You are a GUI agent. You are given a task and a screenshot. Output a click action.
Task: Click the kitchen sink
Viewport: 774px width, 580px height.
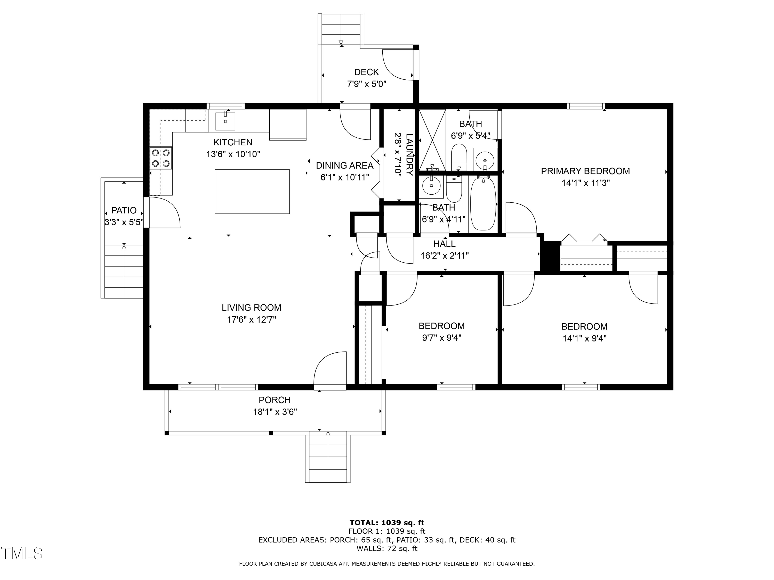[x=225, y=121]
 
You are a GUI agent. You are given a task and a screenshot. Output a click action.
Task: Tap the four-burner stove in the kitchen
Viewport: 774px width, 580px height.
[x=161, y=158]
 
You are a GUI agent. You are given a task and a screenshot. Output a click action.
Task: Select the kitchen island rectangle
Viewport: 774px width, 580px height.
[x=252, y=192]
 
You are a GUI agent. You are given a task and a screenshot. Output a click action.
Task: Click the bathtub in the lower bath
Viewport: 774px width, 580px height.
[x=483, y=203]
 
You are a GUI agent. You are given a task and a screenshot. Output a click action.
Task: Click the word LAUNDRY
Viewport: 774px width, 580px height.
[x=409, y=154]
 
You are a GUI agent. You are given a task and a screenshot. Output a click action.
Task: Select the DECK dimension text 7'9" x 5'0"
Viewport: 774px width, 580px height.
[x=367, y=84]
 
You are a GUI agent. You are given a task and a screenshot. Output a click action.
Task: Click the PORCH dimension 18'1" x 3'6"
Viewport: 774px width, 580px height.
[x=275, y=412]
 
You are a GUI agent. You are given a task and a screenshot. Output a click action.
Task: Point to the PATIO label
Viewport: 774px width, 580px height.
[x=124, y=210]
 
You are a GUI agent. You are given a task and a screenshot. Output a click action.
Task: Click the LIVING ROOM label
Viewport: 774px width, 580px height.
[x=251, y=308]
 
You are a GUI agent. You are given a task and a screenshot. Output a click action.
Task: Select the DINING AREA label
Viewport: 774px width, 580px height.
[x=345, y=165]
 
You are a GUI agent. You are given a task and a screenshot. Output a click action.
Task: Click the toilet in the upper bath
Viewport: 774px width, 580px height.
[x=459, y=158]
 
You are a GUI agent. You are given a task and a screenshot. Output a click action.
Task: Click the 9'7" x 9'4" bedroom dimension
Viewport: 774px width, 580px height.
[x=442, y=338]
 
